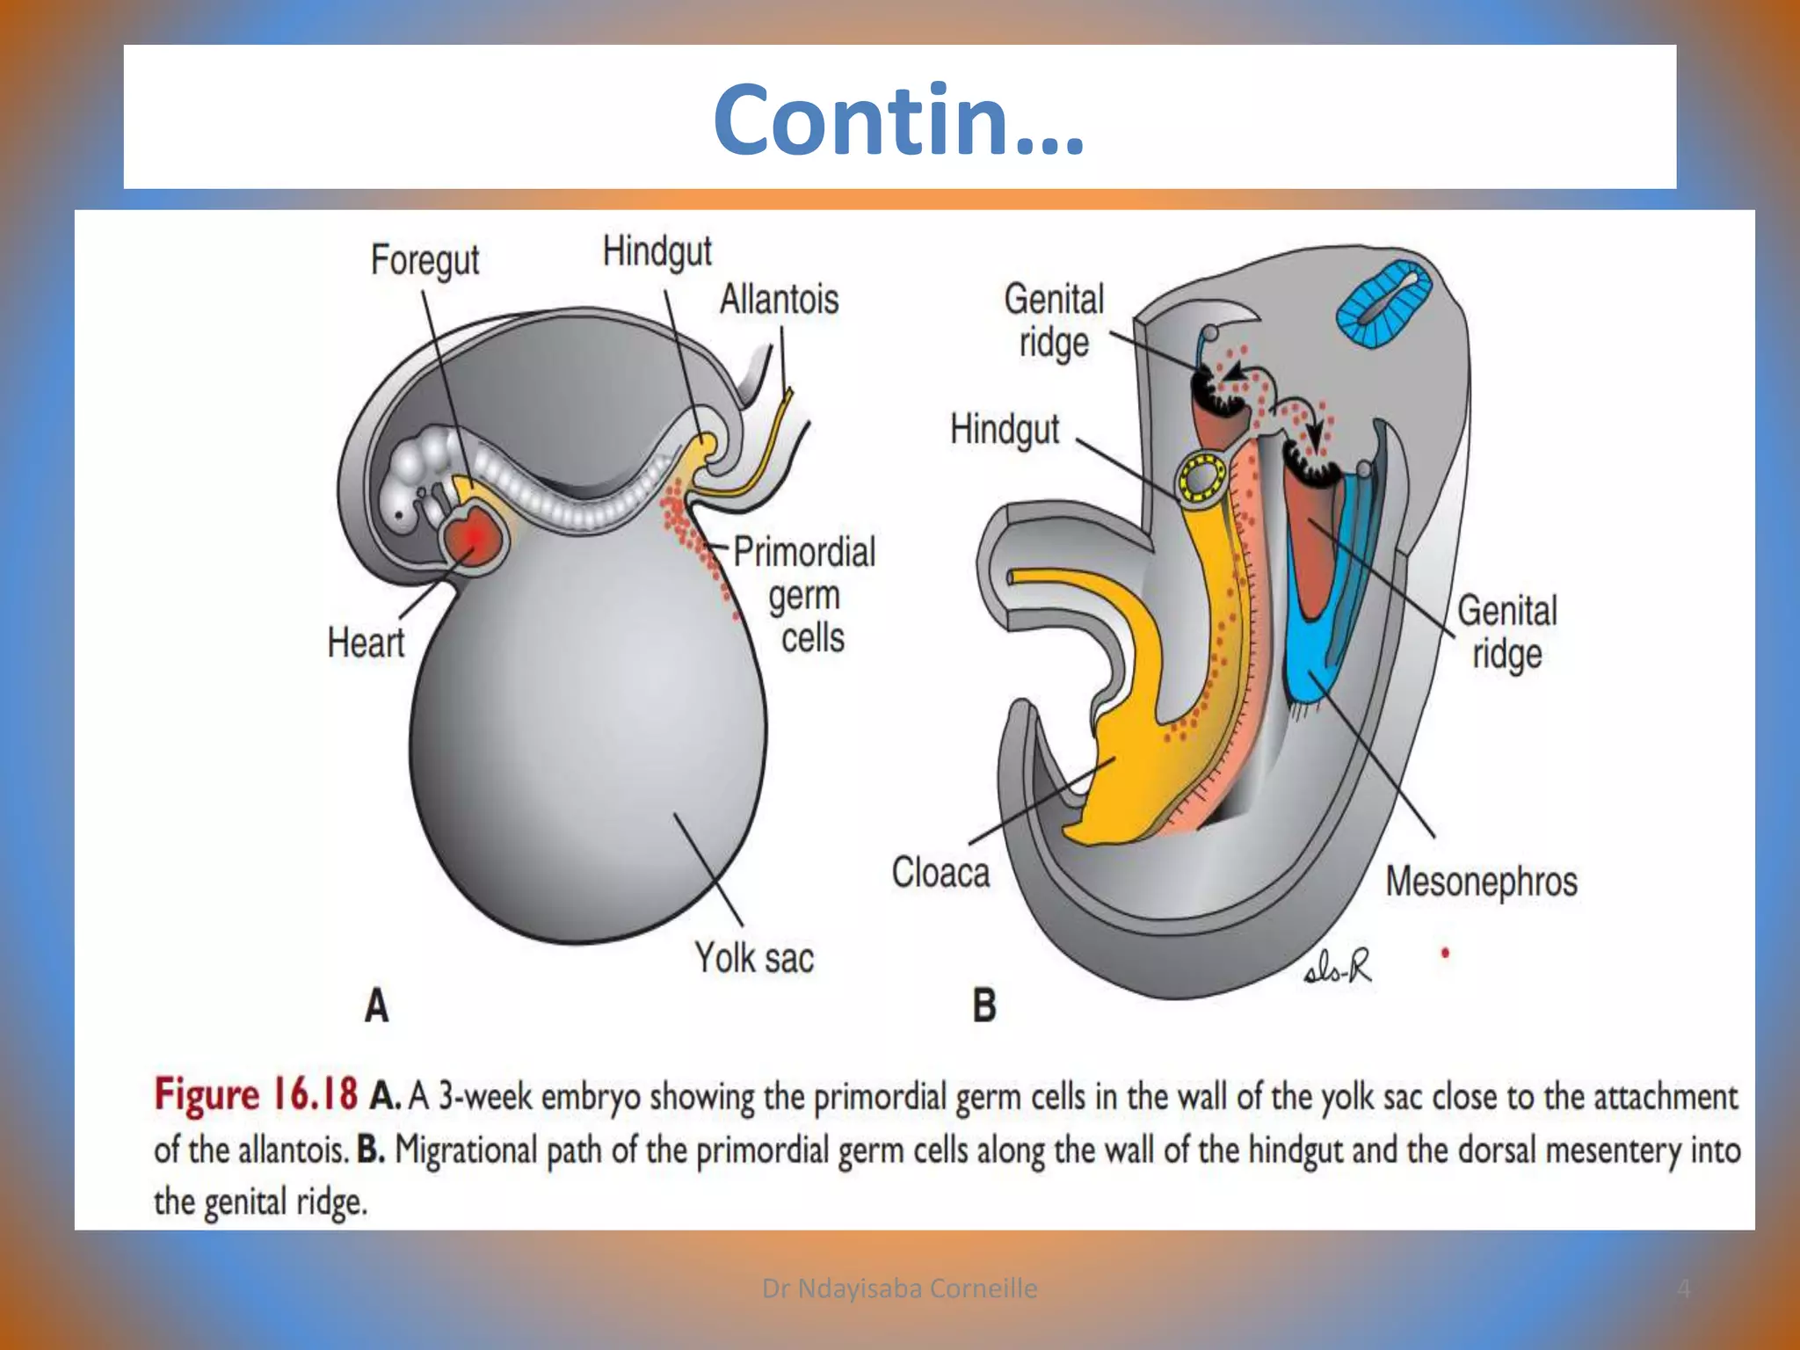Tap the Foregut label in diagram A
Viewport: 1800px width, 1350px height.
tap(425, 260)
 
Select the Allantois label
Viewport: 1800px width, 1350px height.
tap(779, 300)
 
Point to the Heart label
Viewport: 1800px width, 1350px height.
tap(366, 642)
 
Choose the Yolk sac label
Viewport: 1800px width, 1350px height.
tap(754, 957)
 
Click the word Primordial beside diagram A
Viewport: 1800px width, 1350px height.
tap(804, 553)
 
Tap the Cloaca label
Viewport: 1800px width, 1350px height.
tap(940, 873)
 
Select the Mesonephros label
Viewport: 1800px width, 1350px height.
tap(1481, 882)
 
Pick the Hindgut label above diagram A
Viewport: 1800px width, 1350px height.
tap(657, 251)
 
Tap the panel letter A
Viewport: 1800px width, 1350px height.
tap(377, 1005)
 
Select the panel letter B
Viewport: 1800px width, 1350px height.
tap(984, 1005)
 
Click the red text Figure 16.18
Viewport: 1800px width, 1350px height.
tap(256, 1095)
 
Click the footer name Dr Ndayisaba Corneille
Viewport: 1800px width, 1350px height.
tap(899, 1288)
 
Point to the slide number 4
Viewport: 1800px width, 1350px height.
tap(1683, 1288)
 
